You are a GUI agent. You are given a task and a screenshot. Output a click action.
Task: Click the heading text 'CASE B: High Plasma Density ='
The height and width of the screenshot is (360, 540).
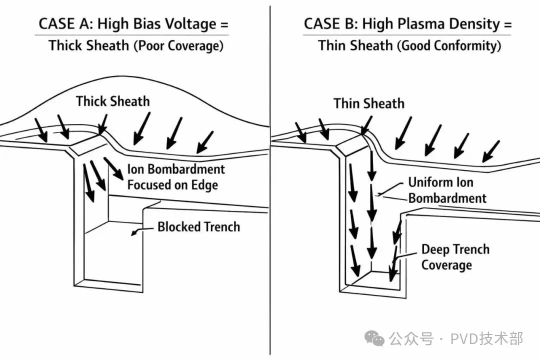tap(407, 23)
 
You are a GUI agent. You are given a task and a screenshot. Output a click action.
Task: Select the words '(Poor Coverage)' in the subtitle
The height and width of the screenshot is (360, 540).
tap(178, 46)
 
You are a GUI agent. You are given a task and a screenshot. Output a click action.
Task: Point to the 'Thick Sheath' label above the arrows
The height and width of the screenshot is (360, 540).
tap(112, 101)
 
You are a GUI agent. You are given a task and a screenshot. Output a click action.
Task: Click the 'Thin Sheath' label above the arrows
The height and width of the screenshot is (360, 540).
tap(369, 103)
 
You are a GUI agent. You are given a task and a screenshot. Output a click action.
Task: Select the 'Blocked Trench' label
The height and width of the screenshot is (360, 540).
tap(198, 226)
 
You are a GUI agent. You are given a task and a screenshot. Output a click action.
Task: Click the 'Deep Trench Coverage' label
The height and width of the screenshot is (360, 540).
tap(455, 256)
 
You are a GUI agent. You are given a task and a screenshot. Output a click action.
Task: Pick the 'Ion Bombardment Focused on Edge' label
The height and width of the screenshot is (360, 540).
tap(175, 177)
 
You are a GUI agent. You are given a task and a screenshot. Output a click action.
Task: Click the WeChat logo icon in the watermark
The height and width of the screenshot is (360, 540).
tap(374, 338)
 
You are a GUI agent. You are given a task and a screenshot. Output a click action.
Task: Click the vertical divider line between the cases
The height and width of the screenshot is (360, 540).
tap(270, 200)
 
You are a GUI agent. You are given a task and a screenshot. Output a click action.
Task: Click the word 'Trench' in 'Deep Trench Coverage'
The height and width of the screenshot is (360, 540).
tap(470, 249)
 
